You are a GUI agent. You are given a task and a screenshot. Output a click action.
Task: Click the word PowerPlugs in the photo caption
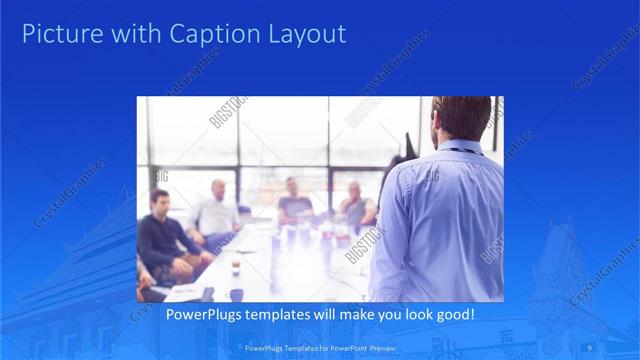click(201, 315)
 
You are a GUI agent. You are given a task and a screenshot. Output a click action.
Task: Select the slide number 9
click(591, 347)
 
